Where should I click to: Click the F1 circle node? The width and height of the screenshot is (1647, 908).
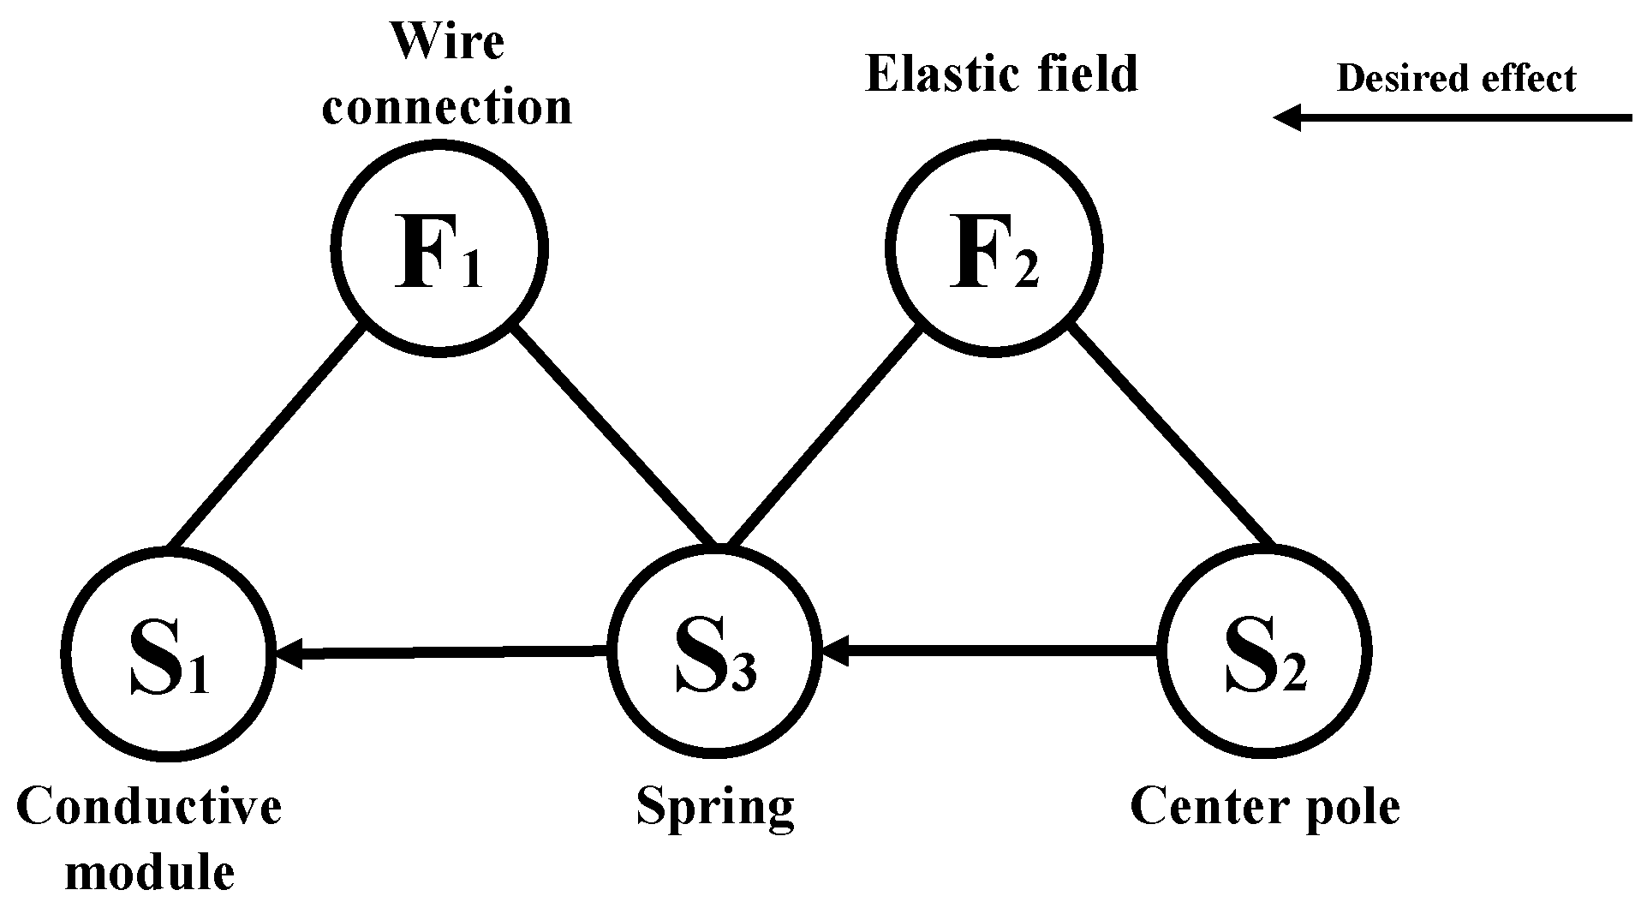point(439,249)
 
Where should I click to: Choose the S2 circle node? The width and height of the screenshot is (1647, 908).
point(1264,653)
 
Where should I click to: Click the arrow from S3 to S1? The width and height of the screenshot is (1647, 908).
point(441,654)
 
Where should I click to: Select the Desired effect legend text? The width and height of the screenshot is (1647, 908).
point(1456,79)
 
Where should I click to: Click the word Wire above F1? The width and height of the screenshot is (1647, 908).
point(447,41)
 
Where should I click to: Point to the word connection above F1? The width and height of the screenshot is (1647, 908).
point(447,108)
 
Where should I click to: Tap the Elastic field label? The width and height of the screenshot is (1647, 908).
point(1001,74)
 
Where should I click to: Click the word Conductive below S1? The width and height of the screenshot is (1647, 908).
point(149,807)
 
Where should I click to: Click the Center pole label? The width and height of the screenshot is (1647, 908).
point(1265,807)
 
